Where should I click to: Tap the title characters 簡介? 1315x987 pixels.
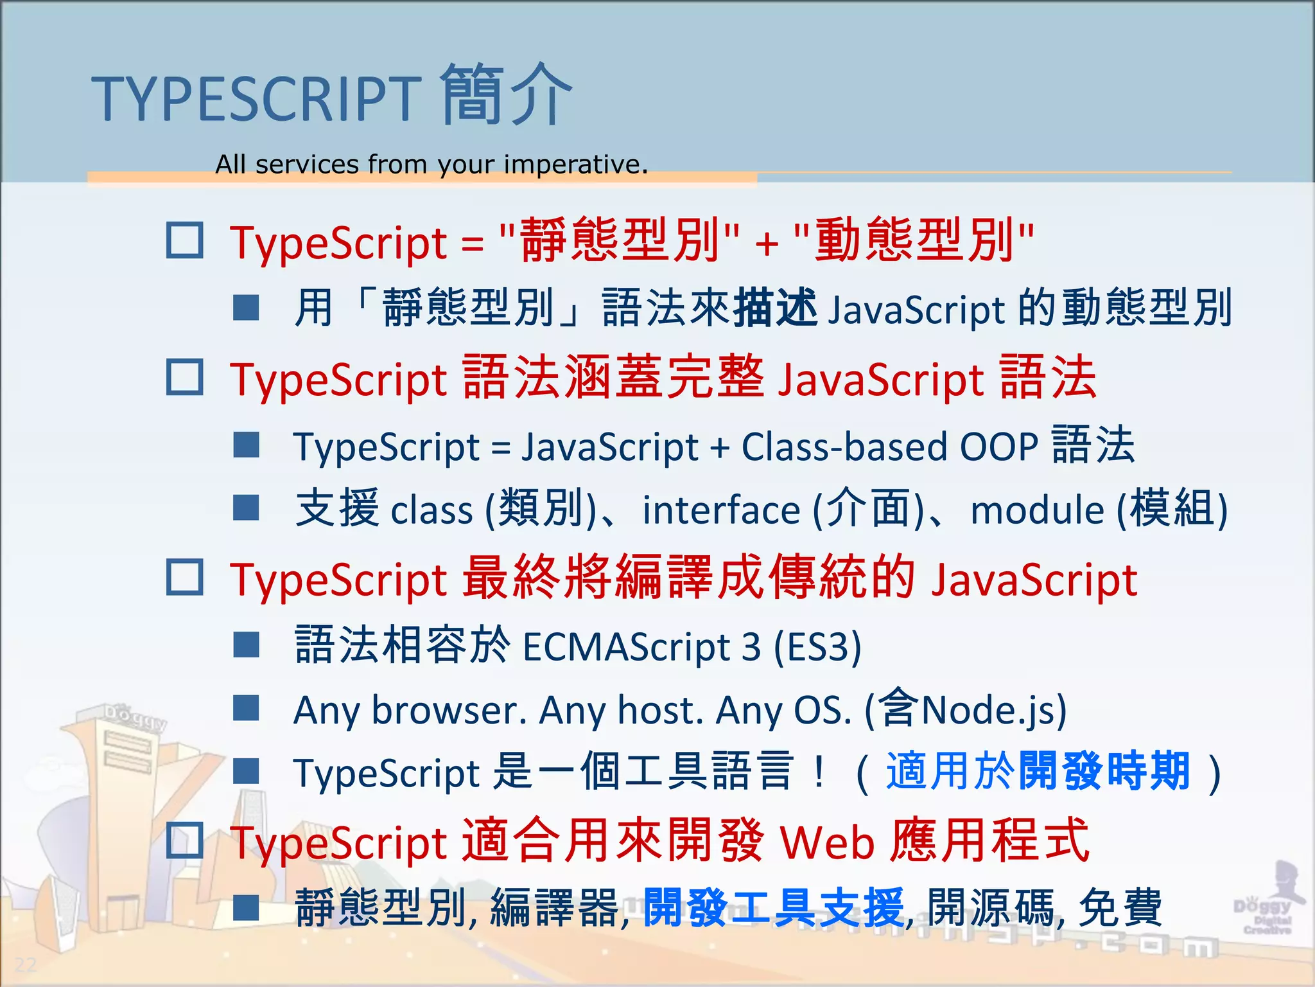(506, 95)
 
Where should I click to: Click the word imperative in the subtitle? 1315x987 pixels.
(575, 164)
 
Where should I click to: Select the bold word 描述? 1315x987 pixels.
(775, 307)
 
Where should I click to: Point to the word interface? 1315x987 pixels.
(721, 510)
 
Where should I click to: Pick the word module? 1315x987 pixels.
(1037, 510)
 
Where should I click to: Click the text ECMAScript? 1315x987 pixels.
(627, 646)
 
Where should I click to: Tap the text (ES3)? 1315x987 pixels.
(817, 646)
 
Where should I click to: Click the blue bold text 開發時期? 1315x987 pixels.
(1104, 771)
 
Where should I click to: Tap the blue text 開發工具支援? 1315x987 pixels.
(774, 907)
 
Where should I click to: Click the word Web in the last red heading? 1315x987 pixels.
(828, 842)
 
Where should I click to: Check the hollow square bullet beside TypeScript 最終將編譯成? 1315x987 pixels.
(185, 576)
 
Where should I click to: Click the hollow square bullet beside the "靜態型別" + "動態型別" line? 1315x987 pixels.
(185, 240)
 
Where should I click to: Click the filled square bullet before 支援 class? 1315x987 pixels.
(246, 508)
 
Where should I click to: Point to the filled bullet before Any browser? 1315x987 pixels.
(246, 708)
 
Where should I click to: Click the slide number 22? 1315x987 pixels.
(26, 965)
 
